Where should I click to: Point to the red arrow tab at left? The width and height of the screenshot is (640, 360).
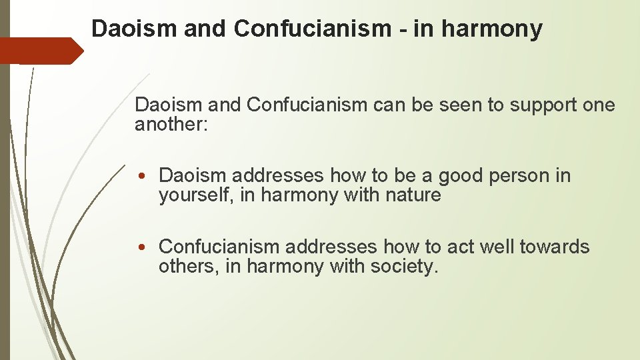[x=40, y=51]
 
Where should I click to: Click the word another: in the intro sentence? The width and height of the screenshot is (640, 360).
[x=172, y=125]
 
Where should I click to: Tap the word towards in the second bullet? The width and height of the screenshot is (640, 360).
[x=555, y=247]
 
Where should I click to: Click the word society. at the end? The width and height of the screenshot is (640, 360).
[x=407, y=266]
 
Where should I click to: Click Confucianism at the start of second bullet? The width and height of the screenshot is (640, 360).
[x=219, y=247]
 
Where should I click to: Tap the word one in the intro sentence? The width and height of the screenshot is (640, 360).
[x=599, y=105]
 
